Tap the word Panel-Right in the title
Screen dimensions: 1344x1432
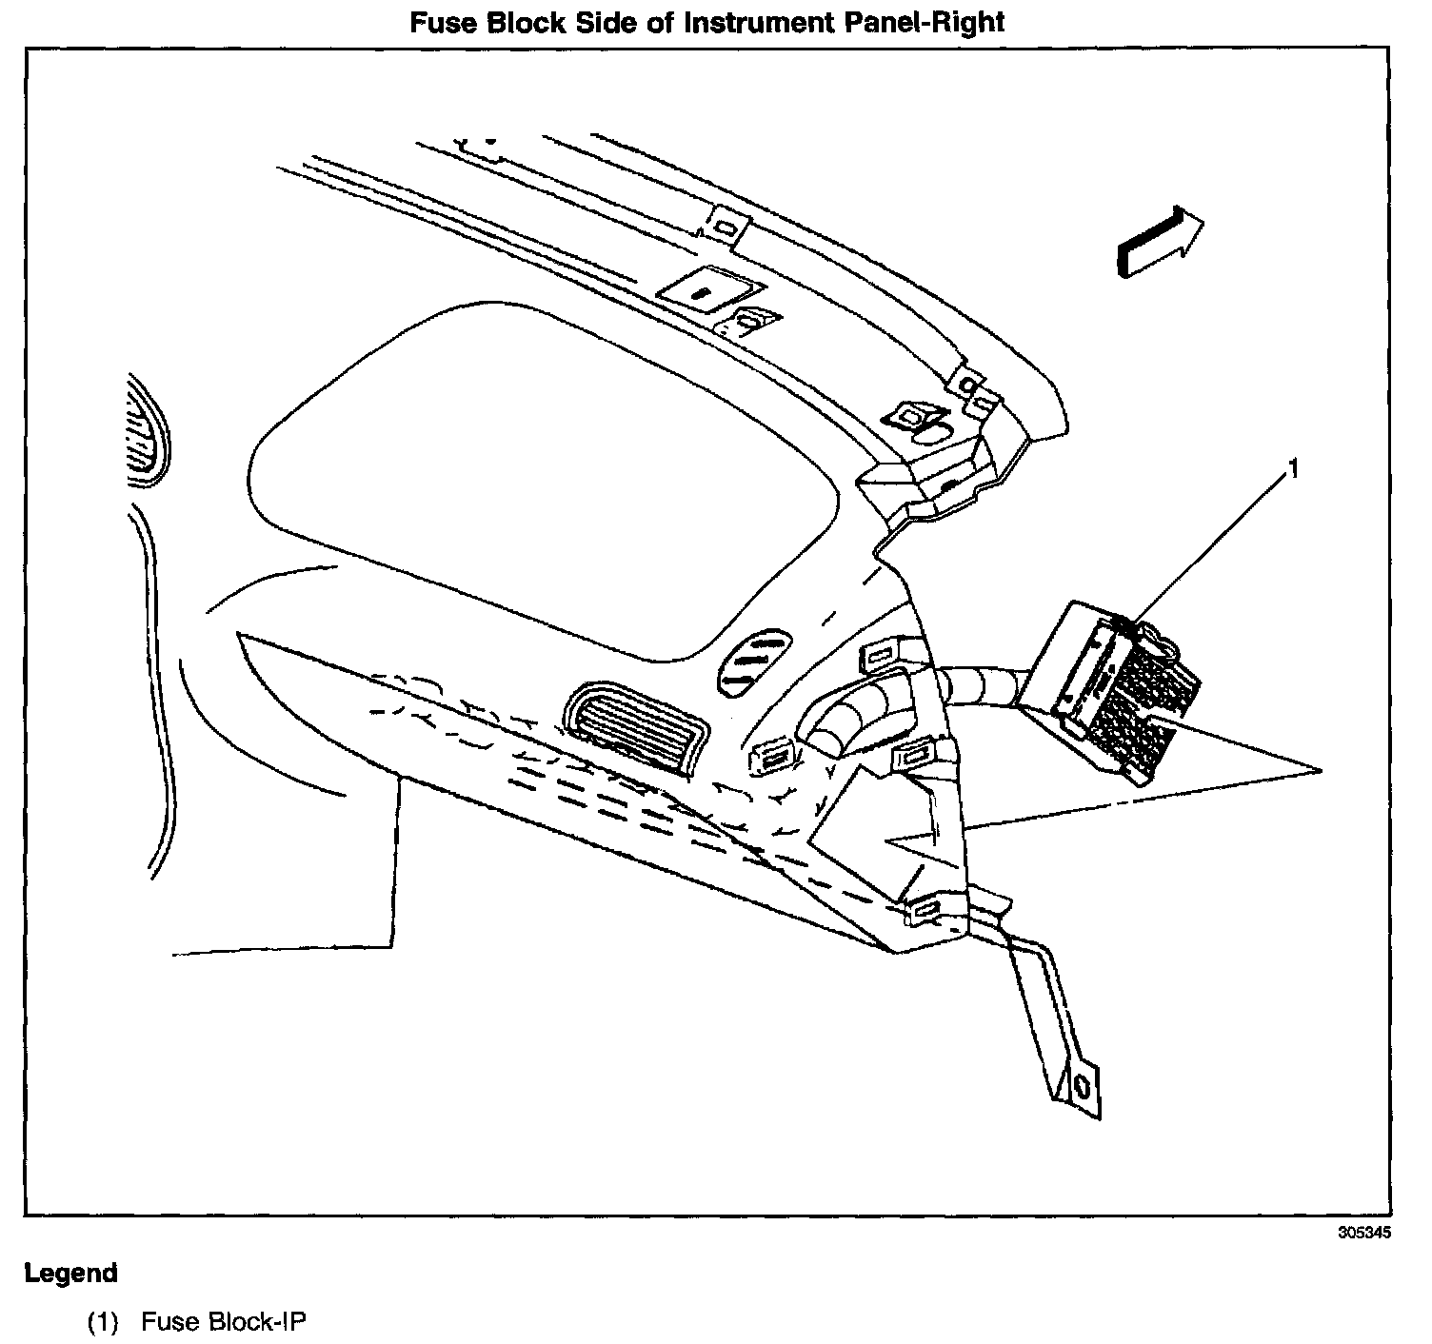pyautogui.click(x=925, y=22)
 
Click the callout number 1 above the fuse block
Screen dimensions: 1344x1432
pyautogui.click(x=1292, y=468)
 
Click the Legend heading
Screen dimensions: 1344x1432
pyautogui.click(x=71, y=1273)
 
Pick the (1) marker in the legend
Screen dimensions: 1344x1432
pyautogui.click(x=103, y=1322)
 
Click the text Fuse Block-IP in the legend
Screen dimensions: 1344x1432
pyautogui.click(x=225, y=1322)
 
